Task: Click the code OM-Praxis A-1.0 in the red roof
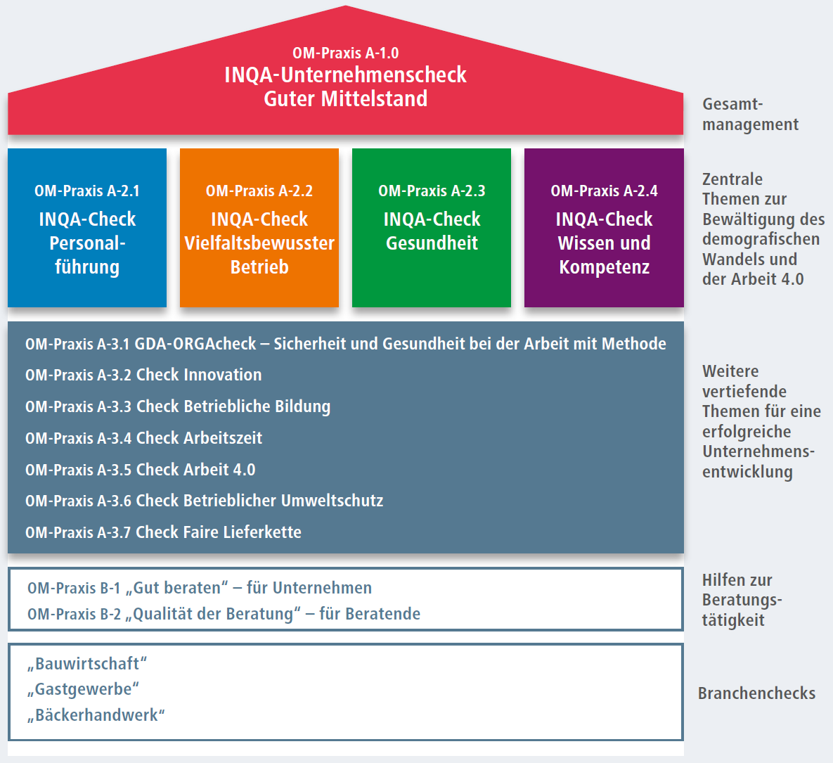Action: [345, 53]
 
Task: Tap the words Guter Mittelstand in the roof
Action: [345, 99]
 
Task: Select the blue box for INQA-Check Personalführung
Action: [87, 227]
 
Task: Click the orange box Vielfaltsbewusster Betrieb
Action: [259, 227]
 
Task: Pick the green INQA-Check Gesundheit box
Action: [432, 227]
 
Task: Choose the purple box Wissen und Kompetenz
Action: [604, 227]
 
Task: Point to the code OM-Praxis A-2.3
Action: [432, 191]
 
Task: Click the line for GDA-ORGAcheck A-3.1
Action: [345, 344]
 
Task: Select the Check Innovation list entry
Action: [143, 375]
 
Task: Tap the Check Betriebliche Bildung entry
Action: [178, 406]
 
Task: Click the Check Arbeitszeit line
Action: [143, 438]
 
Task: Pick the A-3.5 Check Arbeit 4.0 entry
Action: [141, 470]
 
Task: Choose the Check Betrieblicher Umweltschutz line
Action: [204, 501]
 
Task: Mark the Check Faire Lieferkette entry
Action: [163, 532]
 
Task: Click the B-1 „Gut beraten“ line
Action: [200, 588]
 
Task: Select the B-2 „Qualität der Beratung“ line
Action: [224, 614]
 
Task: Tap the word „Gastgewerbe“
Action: [84, 689]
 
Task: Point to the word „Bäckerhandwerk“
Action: [96, 715]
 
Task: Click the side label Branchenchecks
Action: [756, 693]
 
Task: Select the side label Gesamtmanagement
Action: [750, 114]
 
